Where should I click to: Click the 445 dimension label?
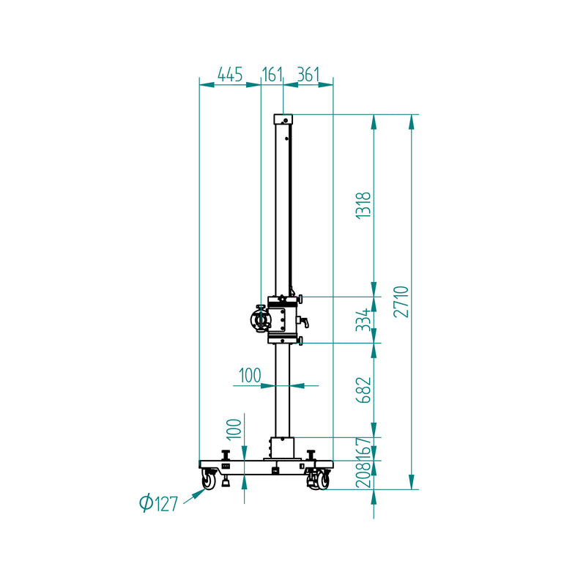tap(230, 74)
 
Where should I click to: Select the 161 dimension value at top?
tap(272, 74)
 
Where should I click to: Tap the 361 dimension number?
tap(308, 74)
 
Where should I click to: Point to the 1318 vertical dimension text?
tap(363, 205)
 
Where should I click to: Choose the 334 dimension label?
tap(363, 319)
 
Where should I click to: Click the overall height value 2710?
tap(400, 301)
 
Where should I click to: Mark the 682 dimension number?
tap(363, 390)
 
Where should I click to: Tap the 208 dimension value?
tap(363, 477)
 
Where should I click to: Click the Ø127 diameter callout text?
tap(159, 503)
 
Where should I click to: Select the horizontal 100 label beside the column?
tap(250, 376)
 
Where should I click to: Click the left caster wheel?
tap(209, 481)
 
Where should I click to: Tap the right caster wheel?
tap(320, 481)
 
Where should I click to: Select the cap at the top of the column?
tap(283, 119)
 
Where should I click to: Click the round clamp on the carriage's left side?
tap(259, 319)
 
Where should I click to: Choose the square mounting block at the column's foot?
tap(281, 449)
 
